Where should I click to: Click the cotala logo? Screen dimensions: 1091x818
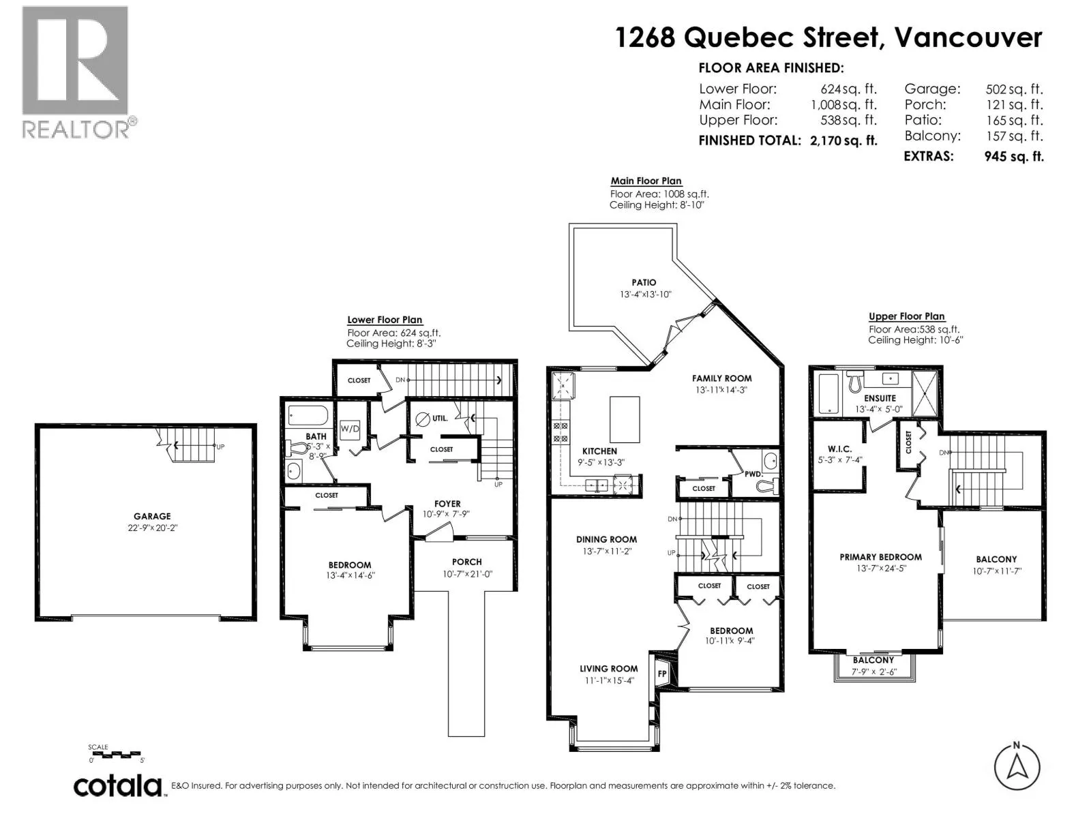tap(118, 786)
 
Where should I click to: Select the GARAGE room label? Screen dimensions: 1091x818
tap(152, 516)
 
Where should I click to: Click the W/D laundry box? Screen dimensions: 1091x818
tap(349, 429)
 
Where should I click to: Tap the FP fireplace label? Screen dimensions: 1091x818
tap(662, 674)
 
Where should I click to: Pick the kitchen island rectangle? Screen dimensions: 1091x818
tap(625, 419)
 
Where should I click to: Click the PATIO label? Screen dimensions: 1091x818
tap(644, 282)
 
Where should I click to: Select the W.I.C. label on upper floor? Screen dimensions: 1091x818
tap(839, 449)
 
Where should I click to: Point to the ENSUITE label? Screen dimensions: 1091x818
tap(880, 398)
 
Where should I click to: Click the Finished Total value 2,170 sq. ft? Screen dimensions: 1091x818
tap(843, 140)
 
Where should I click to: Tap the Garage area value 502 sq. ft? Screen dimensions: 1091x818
tap(1014, 89)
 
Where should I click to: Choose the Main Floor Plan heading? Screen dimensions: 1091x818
tap(646, 181)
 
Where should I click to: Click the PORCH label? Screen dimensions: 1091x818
tap(466, 562)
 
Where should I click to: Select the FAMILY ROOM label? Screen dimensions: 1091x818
tap(721, 378)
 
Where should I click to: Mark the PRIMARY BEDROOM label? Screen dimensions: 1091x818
tap(881, 557)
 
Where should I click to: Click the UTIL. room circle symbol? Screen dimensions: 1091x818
tap(423, 419)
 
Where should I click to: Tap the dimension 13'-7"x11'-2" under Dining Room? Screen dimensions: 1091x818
tap(606, 551)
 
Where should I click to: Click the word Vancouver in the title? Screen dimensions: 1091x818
tap(968, 37)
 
